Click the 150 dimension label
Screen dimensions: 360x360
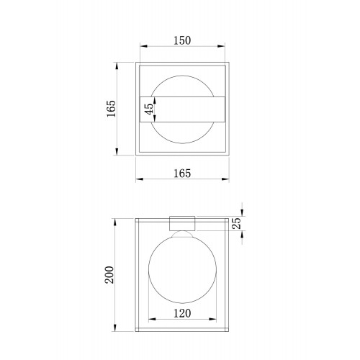tap(182, 40)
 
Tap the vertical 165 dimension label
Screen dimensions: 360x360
tap(112, 109)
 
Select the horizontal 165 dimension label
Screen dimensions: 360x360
tap(182, 174)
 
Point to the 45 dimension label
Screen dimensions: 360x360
tap(149, 109)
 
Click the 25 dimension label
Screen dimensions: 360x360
tap(237, 223)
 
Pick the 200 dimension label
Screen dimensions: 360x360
tap(109, 275)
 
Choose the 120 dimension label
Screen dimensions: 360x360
tap(182, 313)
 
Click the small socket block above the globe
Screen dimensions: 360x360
tap(182, 223)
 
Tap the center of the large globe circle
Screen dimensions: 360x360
tap(182, 269)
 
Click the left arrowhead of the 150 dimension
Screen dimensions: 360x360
tap(143, 46)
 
